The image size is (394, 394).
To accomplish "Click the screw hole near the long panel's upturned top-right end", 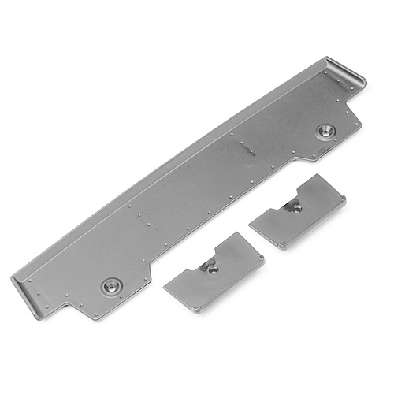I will coord(324,130).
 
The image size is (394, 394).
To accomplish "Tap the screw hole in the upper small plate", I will coord(295,207).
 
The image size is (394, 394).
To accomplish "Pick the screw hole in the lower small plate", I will coord(212,269).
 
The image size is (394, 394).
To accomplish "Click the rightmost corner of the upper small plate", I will coord(345,202).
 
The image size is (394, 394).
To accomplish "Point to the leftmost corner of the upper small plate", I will coord(249,223).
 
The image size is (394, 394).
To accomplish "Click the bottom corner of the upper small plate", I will coord(280,250).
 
